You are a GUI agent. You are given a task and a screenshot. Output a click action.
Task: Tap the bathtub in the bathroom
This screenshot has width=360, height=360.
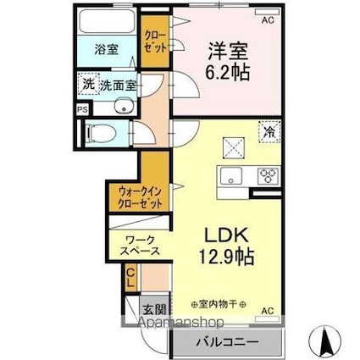pos(106,25)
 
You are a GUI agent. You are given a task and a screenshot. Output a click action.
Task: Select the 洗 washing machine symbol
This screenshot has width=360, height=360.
pos(87,84)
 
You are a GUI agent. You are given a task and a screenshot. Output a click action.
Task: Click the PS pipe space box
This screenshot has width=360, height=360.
pos(81,109)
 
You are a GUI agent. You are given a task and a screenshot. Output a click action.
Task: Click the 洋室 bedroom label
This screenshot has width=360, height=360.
pos(224,50)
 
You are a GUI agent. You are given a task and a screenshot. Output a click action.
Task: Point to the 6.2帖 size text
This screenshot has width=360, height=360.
pos(224,72)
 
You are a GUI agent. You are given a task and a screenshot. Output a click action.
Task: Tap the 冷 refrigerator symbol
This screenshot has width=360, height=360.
pos(268,133)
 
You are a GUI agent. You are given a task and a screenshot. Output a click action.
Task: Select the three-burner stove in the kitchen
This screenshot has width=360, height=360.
pos(269,175)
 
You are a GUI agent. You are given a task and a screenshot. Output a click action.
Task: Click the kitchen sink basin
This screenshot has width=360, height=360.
pos(230,176)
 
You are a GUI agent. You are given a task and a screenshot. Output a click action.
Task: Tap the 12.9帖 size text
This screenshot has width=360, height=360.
pos(217,253)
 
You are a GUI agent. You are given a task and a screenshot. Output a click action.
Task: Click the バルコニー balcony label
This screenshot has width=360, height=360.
pos(227,343)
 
